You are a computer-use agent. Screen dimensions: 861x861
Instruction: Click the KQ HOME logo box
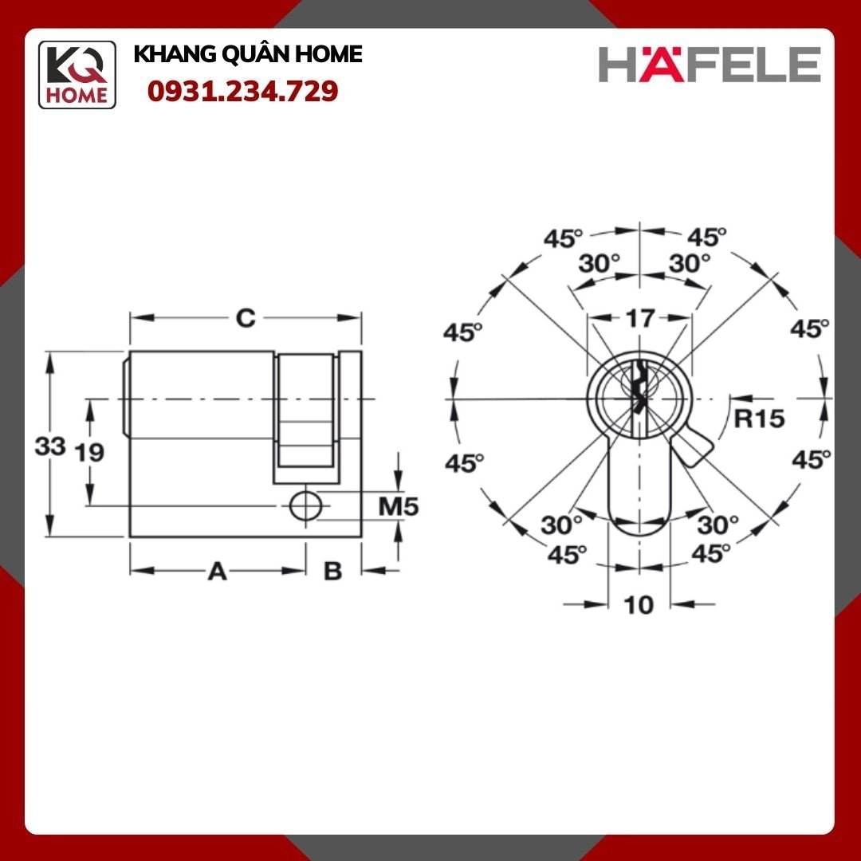click(x=77, y=75)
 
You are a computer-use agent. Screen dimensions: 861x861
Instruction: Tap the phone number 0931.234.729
click(x=242, y=91)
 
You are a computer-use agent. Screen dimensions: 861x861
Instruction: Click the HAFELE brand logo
click(x=710, y=64)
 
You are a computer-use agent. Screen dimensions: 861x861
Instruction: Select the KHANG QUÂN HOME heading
click(x=248, y=54)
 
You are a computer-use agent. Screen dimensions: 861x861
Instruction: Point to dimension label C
click(x=246, y=318)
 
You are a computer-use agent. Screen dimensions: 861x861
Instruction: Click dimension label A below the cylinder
click(x=218, y=572)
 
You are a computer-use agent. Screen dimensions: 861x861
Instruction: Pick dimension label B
click(x=332, y=572)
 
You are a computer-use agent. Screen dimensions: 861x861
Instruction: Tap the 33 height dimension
click(x=50, y=446)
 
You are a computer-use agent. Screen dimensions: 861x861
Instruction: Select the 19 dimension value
click(x=89, y=453)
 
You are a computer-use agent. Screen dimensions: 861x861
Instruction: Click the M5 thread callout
click(x=399, y=506)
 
